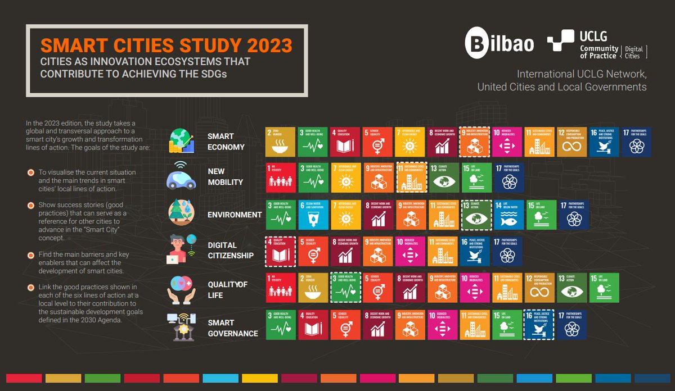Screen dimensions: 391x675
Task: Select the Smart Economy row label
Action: click(x=226, y=142)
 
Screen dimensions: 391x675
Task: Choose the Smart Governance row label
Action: click(x=233, y=328)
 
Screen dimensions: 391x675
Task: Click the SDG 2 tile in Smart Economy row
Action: click(x=280, y=141)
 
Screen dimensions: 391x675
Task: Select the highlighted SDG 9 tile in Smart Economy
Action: click(x=474, y=141)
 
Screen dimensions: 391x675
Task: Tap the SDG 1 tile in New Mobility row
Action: click(x=280, y=178)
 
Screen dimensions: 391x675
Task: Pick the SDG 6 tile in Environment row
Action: click(x=312, y=215)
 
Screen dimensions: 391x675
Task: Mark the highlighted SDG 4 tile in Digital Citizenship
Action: click(x=280, y=251)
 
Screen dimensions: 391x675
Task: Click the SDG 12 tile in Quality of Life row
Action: click(x=539, y=288)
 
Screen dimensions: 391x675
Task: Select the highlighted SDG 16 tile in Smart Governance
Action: click(x=539, y=325)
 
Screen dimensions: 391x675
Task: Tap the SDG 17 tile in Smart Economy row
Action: click(x=637, y=141)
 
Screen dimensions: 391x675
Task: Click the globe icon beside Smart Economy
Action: click(x=182, y=140)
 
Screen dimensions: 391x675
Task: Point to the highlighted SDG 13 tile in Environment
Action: click(x=475, y=215)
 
